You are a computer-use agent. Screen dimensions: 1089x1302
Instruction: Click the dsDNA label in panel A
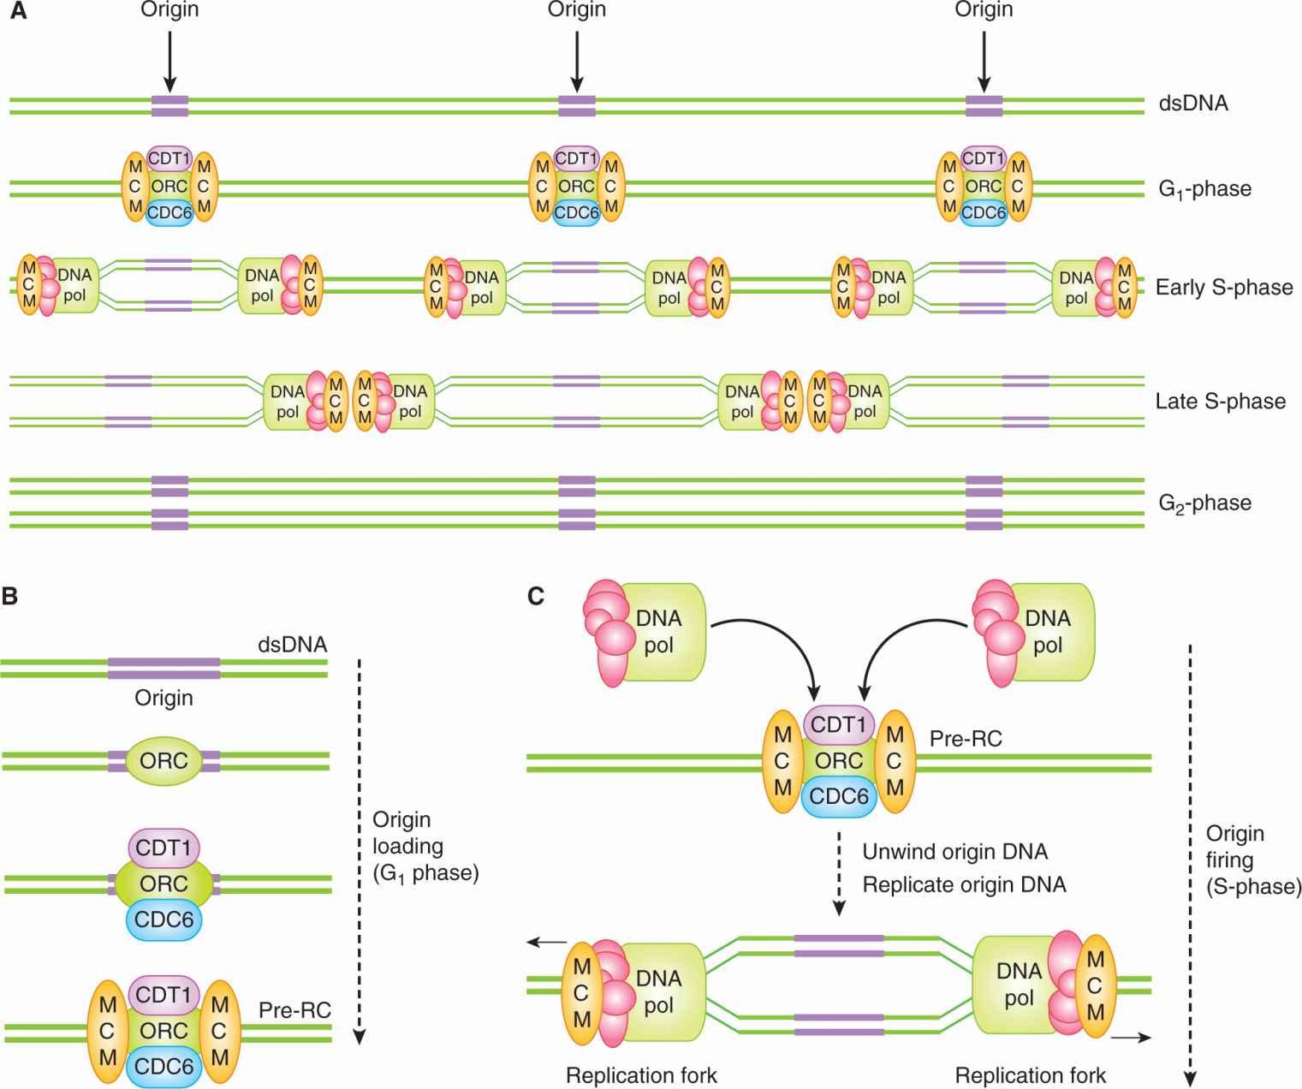tap(1192, 104)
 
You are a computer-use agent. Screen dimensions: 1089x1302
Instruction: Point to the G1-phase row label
tap(1204, 189)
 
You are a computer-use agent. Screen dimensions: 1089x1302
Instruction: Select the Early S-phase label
tap(1223, 287)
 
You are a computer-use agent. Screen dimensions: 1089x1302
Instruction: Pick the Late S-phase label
tap(1220, 401)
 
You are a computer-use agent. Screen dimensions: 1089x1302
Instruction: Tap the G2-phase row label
tap(1204, 503)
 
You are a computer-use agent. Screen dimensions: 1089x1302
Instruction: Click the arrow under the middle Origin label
tap(577, 60)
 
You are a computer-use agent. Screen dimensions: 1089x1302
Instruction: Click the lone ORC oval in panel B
tap(163, 760)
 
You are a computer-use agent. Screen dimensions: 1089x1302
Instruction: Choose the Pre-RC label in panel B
tap(294, 1011)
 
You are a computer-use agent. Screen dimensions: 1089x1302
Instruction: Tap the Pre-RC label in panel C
tap(966, 737)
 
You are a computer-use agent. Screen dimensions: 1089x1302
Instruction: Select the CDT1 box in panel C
tap(839, 725)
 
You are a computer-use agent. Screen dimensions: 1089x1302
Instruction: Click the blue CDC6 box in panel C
tap(839, 796)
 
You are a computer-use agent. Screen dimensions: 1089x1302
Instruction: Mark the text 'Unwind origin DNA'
tap(954, 852)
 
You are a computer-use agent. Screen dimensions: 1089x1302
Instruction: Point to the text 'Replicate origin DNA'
tap(964, 884)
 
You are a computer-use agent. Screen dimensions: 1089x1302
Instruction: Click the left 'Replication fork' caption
tap(641, 1075)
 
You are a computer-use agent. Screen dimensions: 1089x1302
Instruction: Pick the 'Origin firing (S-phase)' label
tap(1252, 860)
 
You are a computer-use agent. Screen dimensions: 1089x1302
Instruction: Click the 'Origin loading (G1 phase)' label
tap(425, 846)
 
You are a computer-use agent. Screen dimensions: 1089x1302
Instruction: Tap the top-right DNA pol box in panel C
tap(1048, 632)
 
